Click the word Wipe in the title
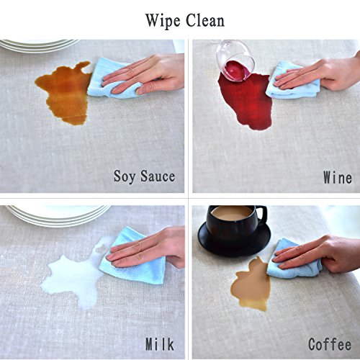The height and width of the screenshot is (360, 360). [x=163, y=22]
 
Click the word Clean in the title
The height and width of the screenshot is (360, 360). [x=205, y=20]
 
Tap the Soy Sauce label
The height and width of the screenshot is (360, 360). [x=144, y=176]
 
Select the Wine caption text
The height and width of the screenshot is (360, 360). [x=338, y=177]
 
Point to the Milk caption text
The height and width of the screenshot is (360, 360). [x=160, y=344]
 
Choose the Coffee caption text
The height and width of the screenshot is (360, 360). [x=330, y=344]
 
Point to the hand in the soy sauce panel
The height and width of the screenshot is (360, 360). [x=144, y=74]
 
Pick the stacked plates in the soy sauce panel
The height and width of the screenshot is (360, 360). [x=38, y=45]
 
